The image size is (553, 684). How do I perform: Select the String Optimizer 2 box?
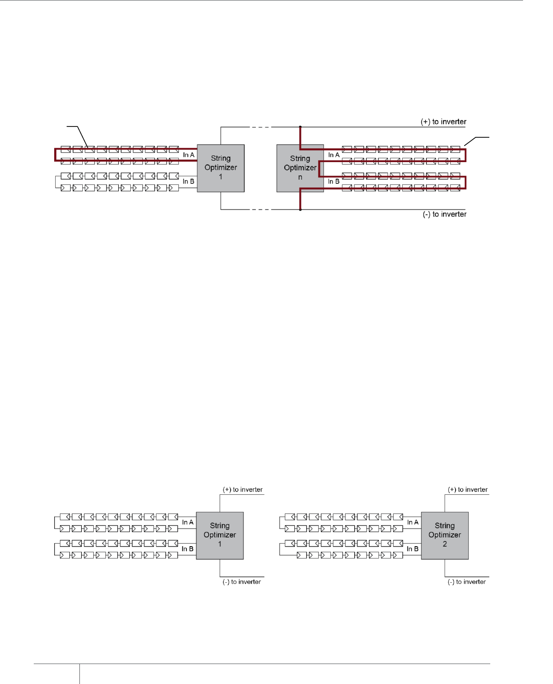tap(445, 535)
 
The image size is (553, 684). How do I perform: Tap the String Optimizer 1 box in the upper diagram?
tap(221, 168)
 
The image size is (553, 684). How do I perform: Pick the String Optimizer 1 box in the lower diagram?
tap(220, 535)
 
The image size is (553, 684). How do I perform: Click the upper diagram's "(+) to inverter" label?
tap(443, 122)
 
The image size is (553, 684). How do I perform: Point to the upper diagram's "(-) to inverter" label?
tap(444, 214)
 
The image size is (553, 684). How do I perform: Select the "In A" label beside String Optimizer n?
tap(334, 155)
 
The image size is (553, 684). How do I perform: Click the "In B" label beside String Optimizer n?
tap(334, 182)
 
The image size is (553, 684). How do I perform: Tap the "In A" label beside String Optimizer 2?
tap(413, 522)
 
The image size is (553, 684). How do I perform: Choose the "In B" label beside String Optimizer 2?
tap(413, 549)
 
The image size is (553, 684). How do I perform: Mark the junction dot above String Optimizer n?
tap(300, 127)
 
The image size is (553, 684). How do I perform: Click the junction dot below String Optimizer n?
tap(300, 210)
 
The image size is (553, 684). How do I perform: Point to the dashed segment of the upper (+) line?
tap(260, 127)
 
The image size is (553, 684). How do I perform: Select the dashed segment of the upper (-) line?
tap(260, 210)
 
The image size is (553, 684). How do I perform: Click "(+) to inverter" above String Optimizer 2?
tap(467, 490)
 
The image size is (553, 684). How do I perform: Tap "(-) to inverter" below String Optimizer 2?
tap(466, 582)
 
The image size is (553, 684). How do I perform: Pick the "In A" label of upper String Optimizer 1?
tap(188, 155)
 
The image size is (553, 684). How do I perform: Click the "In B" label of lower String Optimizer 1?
tap(187, 549)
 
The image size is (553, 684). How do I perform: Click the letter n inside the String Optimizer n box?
tap(300, 177)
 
